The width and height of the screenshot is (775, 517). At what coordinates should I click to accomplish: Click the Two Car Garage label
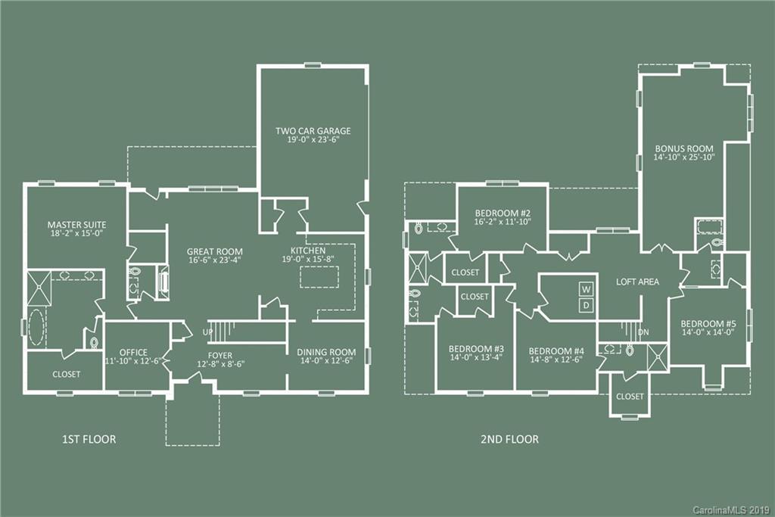313,130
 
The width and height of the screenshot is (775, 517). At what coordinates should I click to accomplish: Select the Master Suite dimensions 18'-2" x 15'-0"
76,234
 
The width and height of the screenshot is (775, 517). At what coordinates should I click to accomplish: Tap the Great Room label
215,251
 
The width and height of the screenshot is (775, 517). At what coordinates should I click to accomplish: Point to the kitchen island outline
324,276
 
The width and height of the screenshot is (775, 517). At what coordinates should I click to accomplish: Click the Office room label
133,352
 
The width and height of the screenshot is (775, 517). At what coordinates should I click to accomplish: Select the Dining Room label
325,351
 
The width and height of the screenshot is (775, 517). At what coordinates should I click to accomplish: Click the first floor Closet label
66,374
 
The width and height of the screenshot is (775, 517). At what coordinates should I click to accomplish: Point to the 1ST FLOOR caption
89,439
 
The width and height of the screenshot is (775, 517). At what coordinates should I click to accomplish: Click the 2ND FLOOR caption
510,439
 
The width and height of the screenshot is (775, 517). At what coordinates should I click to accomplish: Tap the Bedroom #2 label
502,212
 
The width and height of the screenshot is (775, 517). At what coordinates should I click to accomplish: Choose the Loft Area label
637,282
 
